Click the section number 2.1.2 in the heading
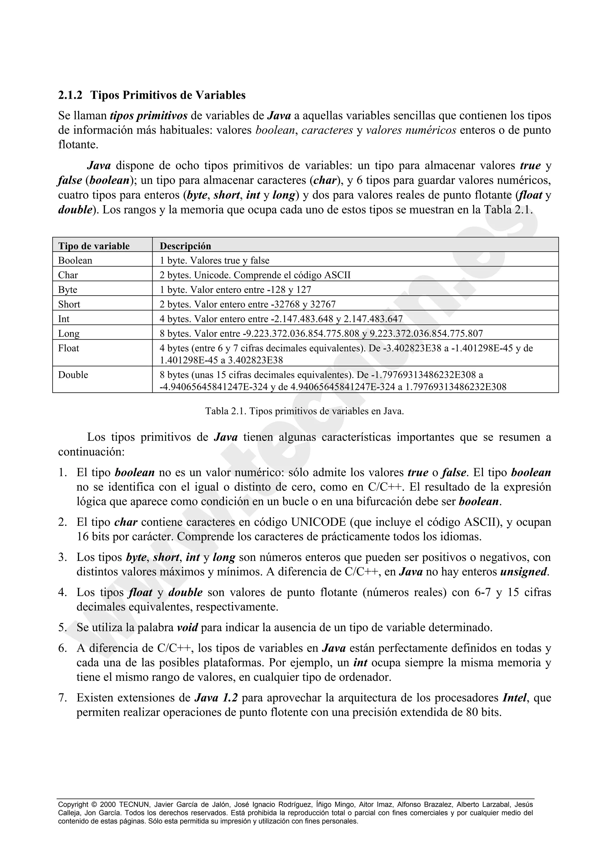pyautogui.click(x=70, y=95)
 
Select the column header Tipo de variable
pyautogui.click(x=94, y=246)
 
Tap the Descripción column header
pyautogui.click(x=185, y=246)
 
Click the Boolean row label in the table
pyautogui.click(x=75, y=260)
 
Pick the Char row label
pyautogui.click(x=68, y=275)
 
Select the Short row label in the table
pyautogui.click(x=69, y=304)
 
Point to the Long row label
pyautogui.click(x=69, y=333)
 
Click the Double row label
pyautogui.click(x=73, y=375)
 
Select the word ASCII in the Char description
pyautogui.click(x=337, y=275)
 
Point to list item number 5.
pyautogui.click(x=62, y=627)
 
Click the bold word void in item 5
pyautogui.click(x=187, y=627)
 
